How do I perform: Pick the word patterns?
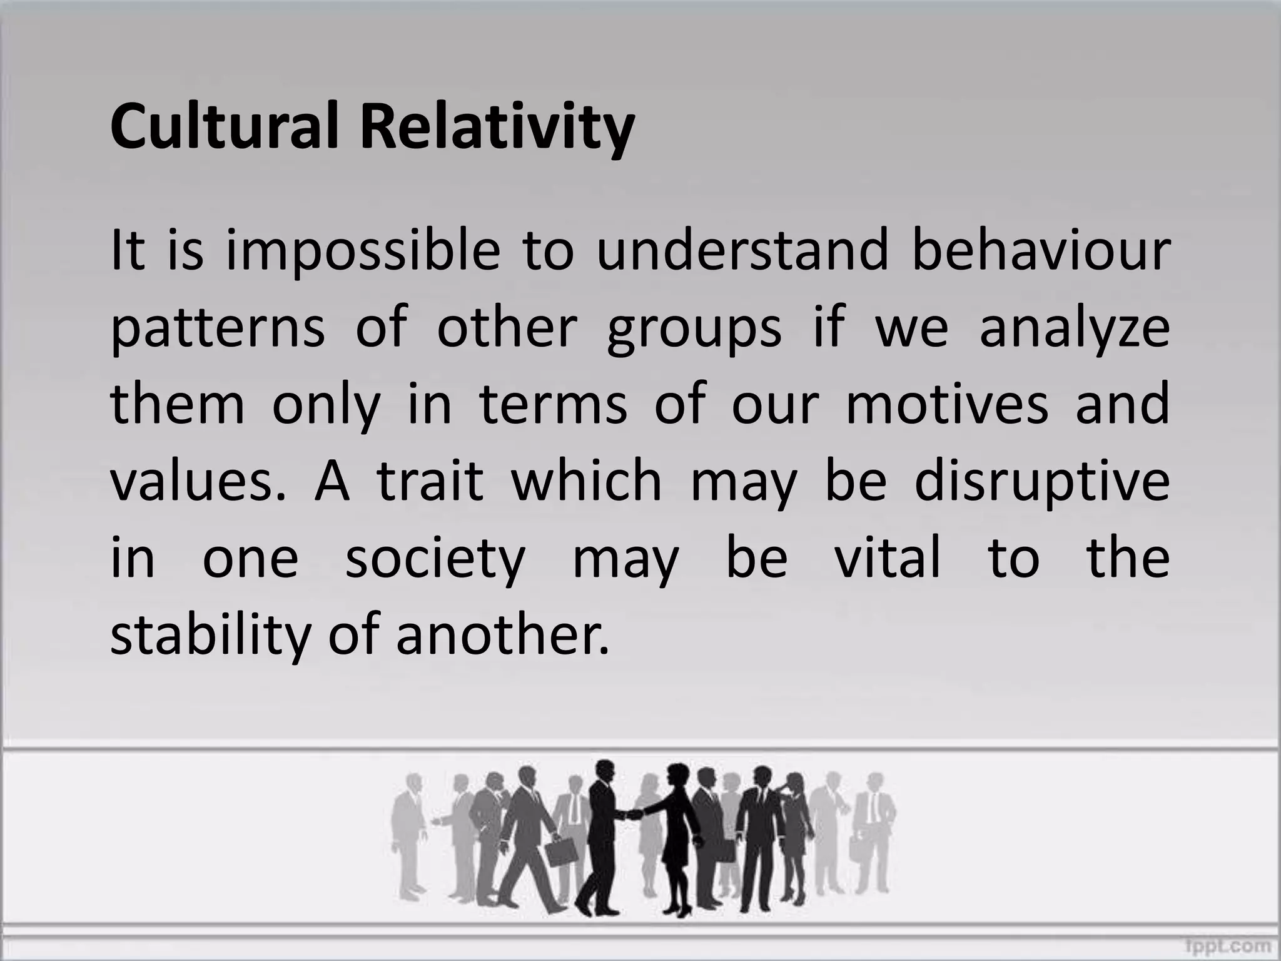click(x=218, y=330)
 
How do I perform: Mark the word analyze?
click(x=1074, y=330)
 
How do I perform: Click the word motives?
click(x=947, y=405)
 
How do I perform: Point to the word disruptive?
click(x=1041, y=484)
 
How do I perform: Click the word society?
click(x=435, y=560)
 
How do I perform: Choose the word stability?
click(x=210, y=636)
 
